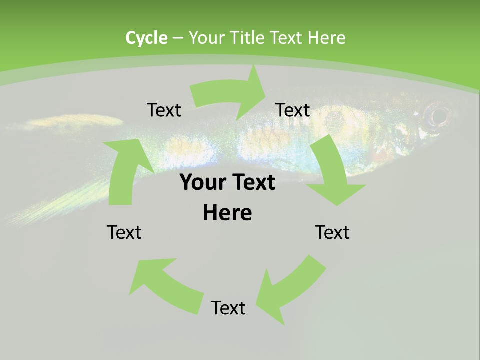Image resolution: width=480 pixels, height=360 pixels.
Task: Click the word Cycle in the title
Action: tap(146, 38)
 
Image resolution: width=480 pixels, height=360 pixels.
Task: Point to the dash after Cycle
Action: tap(177, 38)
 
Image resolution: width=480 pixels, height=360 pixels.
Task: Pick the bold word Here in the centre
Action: tap(227, 213)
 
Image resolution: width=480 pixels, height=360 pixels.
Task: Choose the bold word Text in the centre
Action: tap(253, 182)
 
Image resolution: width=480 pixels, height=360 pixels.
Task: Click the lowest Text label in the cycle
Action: tap(228, 308)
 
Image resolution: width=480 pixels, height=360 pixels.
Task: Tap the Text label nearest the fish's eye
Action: tap(293, 110)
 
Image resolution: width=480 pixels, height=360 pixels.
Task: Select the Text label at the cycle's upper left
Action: tap(164, 110)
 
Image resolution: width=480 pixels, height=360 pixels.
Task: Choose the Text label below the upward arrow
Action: tap(124, 232)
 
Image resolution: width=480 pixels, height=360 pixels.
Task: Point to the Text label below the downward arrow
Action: tap(332, 232)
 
